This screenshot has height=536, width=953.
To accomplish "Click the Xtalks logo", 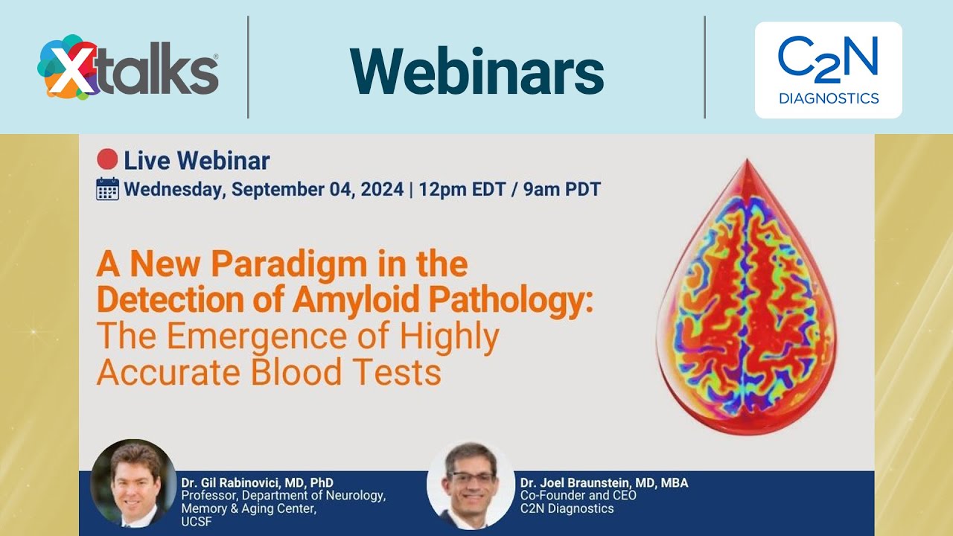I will [x=128, y=68].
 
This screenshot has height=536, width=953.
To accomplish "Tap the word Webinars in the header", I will [x=476, y=71].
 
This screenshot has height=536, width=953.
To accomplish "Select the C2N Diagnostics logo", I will [x=828, y=71].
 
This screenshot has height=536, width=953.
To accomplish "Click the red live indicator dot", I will [x=108, y=159].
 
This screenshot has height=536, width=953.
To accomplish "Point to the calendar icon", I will [x=108, y=189].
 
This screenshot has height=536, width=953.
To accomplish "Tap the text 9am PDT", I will [x=563, y=189].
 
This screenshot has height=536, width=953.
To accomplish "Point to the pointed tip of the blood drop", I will [x=748, y=162].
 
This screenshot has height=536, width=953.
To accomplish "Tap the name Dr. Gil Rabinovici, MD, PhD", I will [x=257, y=483].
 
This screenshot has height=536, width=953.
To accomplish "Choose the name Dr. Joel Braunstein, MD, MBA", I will [x=604, y=483].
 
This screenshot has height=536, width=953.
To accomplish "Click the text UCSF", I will [x=197, y=521].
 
